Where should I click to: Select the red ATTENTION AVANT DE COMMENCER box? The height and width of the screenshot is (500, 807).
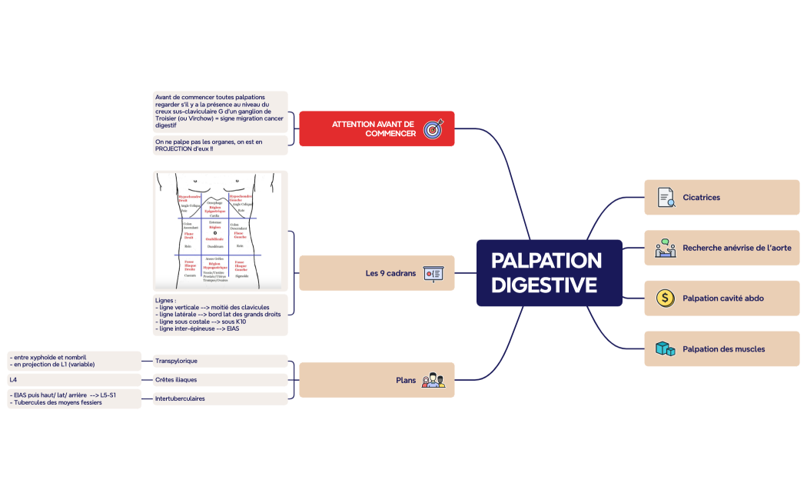[376, 128]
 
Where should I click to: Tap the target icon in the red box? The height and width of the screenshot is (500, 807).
[433, 128]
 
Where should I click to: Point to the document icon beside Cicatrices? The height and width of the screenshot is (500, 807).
[666, 198]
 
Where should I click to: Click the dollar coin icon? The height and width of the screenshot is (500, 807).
[666, 298]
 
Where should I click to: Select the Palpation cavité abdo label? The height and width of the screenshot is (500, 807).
[723, 298]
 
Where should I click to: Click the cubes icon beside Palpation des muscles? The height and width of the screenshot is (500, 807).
[666, 348]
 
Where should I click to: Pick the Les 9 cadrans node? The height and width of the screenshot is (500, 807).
[376, 273]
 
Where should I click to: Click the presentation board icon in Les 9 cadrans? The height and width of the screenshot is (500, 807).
[433, 273]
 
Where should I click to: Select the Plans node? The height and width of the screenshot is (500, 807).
[376, 380]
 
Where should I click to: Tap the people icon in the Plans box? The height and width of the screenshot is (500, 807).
[433, 380]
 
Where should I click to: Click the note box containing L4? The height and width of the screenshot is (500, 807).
[74, 379]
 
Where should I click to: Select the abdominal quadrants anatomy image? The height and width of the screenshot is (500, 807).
[220, 230]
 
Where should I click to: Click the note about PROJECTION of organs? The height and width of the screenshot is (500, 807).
[220, 145]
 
